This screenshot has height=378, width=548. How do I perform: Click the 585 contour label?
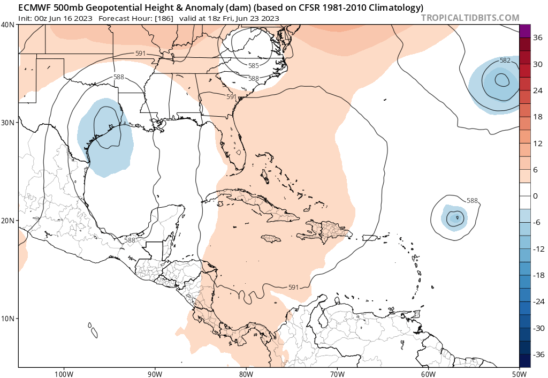tap(254, 65)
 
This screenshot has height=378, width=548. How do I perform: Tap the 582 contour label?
tap(505, 61)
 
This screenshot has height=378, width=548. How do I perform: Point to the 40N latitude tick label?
tap(8, 25)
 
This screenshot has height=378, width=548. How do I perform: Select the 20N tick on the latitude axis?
tap(8, 221)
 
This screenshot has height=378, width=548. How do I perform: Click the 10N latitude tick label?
tap(8, 319)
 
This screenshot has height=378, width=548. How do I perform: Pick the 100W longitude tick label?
tap(63, 373)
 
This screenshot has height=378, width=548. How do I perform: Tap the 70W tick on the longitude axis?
tap(337, 373)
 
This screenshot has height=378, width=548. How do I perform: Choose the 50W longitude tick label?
tap(519, 373)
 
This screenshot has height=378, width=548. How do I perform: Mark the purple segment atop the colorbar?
tap(524, 31)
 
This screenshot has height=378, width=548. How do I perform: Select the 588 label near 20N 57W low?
tap(472, 201)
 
